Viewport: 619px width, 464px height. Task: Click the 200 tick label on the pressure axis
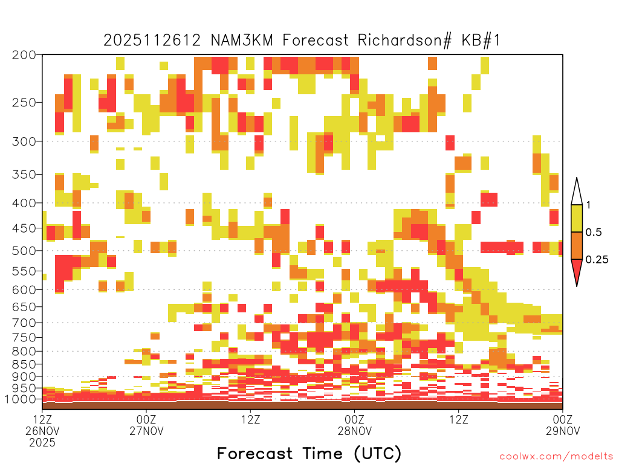point(24,55)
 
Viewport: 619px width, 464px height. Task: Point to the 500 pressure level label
point(24,251)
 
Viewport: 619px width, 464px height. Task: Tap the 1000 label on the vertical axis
point(21,399)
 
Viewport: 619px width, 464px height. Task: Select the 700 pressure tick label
point(24,323)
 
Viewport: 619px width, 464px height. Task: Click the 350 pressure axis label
point(24,175)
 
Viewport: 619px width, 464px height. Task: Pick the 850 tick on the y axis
point(24,364)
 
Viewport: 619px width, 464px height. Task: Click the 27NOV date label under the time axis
point(146,431)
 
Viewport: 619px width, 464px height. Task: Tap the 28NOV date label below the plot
point(354,431)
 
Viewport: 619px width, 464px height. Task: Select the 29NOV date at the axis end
point(563,431)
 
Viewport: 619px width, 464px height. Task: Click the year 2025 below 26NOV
point(42,443)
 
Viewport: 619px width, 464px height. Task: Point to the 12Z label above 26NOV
point(42,419)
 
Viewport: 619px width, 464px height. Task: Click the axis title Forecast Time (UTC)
point(309,453)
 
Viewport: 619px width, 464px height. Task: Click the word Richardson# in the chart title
point(404,40)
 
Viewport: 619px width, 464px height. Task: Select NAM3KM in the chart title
point(242,40)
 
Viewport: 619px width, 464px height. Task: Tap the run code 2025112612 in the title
point(152,40)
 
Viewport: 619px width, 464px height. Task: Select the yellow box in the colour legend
point(577,218)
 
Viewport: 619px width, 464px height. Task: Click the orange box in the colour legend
point(577,245)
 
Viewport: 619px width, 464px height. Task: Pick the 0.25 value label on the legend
point(597,260)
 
